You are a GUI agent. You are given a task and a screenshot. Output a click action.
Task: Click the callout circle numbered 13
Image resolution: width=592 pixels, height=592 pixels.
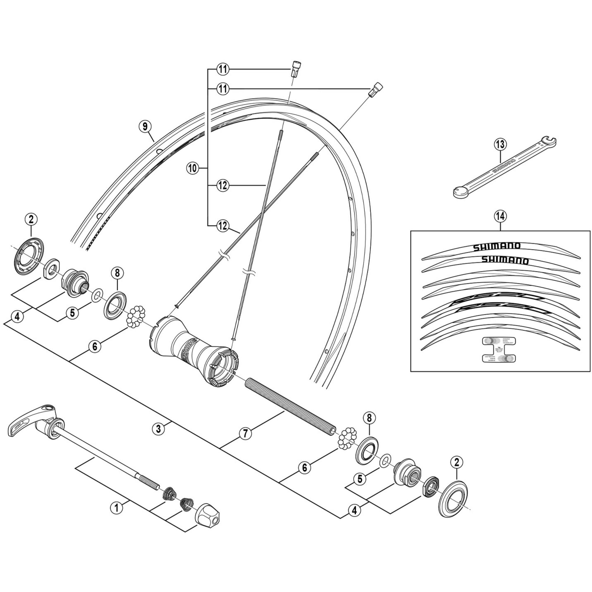click(x=500, y=144)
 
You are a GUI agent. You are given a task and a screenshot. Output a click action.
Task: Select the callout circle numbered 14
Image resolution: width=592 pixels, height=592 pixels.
click(x=500, y=216)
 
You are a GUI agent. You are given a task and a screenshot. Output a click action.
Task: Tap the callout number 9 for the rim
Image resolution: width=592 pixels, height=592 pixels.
click(x=145, y=126)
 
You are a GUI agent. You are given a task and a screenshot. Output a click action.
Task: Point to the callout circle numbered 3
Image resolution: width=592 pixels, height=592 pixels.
click(x=158, y=429)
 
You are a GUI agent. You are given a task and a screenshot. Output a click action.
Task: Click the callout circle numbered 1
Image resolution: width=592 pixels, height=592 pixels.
click(x=116, y=508)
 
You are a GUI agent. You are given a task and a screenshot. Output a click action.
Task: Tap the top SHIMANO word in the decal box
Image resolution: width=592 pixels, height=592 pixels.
click(x=497, y=247)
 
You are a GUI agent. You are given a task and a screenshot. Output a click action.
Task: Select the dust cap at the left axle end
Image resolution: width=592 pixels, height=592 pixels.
click(x=29, y=256)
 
